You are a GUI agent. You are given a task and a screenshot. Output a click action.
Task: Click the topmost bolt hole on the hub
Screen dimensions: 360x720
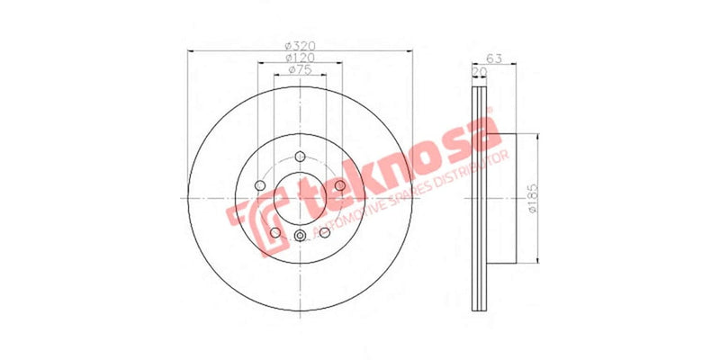tap(299, 156)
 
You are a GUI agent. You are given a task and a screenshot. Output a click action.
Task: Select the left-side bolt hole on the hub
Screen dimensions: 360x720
tap(260, 185)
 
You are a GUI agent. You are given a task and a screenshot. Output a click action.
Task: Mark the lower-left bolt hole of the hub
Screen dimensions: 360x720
tap(274, 231)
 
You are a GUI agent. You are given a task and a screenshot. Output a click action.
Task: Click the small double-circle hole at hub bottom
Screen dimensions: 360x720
tap(299, 237)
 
